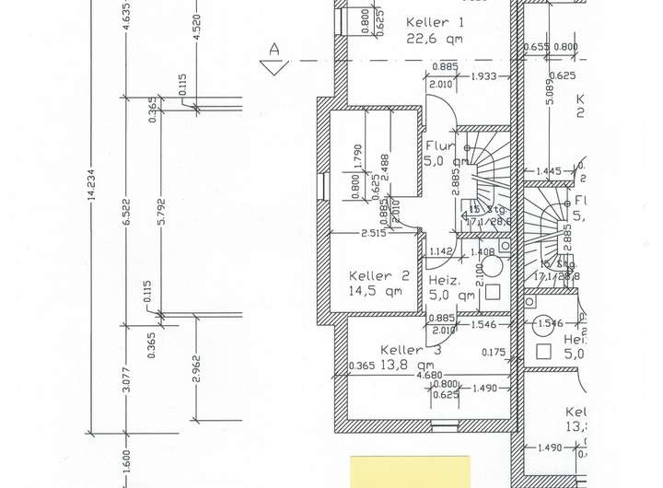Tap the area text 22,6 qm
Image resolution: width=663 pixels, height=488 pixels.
click(434, 39)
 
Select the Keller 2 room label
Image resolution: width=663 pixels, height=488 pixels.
click(378, 275)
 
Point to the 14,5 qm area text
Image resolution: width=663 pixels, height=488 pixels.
click(375, 292)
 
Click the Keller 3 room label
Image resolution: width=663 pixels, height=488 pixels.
click(411, 350)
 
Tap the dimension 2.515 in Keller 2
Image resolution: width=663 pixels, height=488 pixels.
click(372, 233)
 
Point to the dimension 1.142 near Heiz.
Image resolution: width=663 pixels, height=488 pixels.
click(442, 251)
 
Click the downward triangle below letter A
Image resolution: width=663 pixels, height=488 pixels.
click(270, 67)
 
